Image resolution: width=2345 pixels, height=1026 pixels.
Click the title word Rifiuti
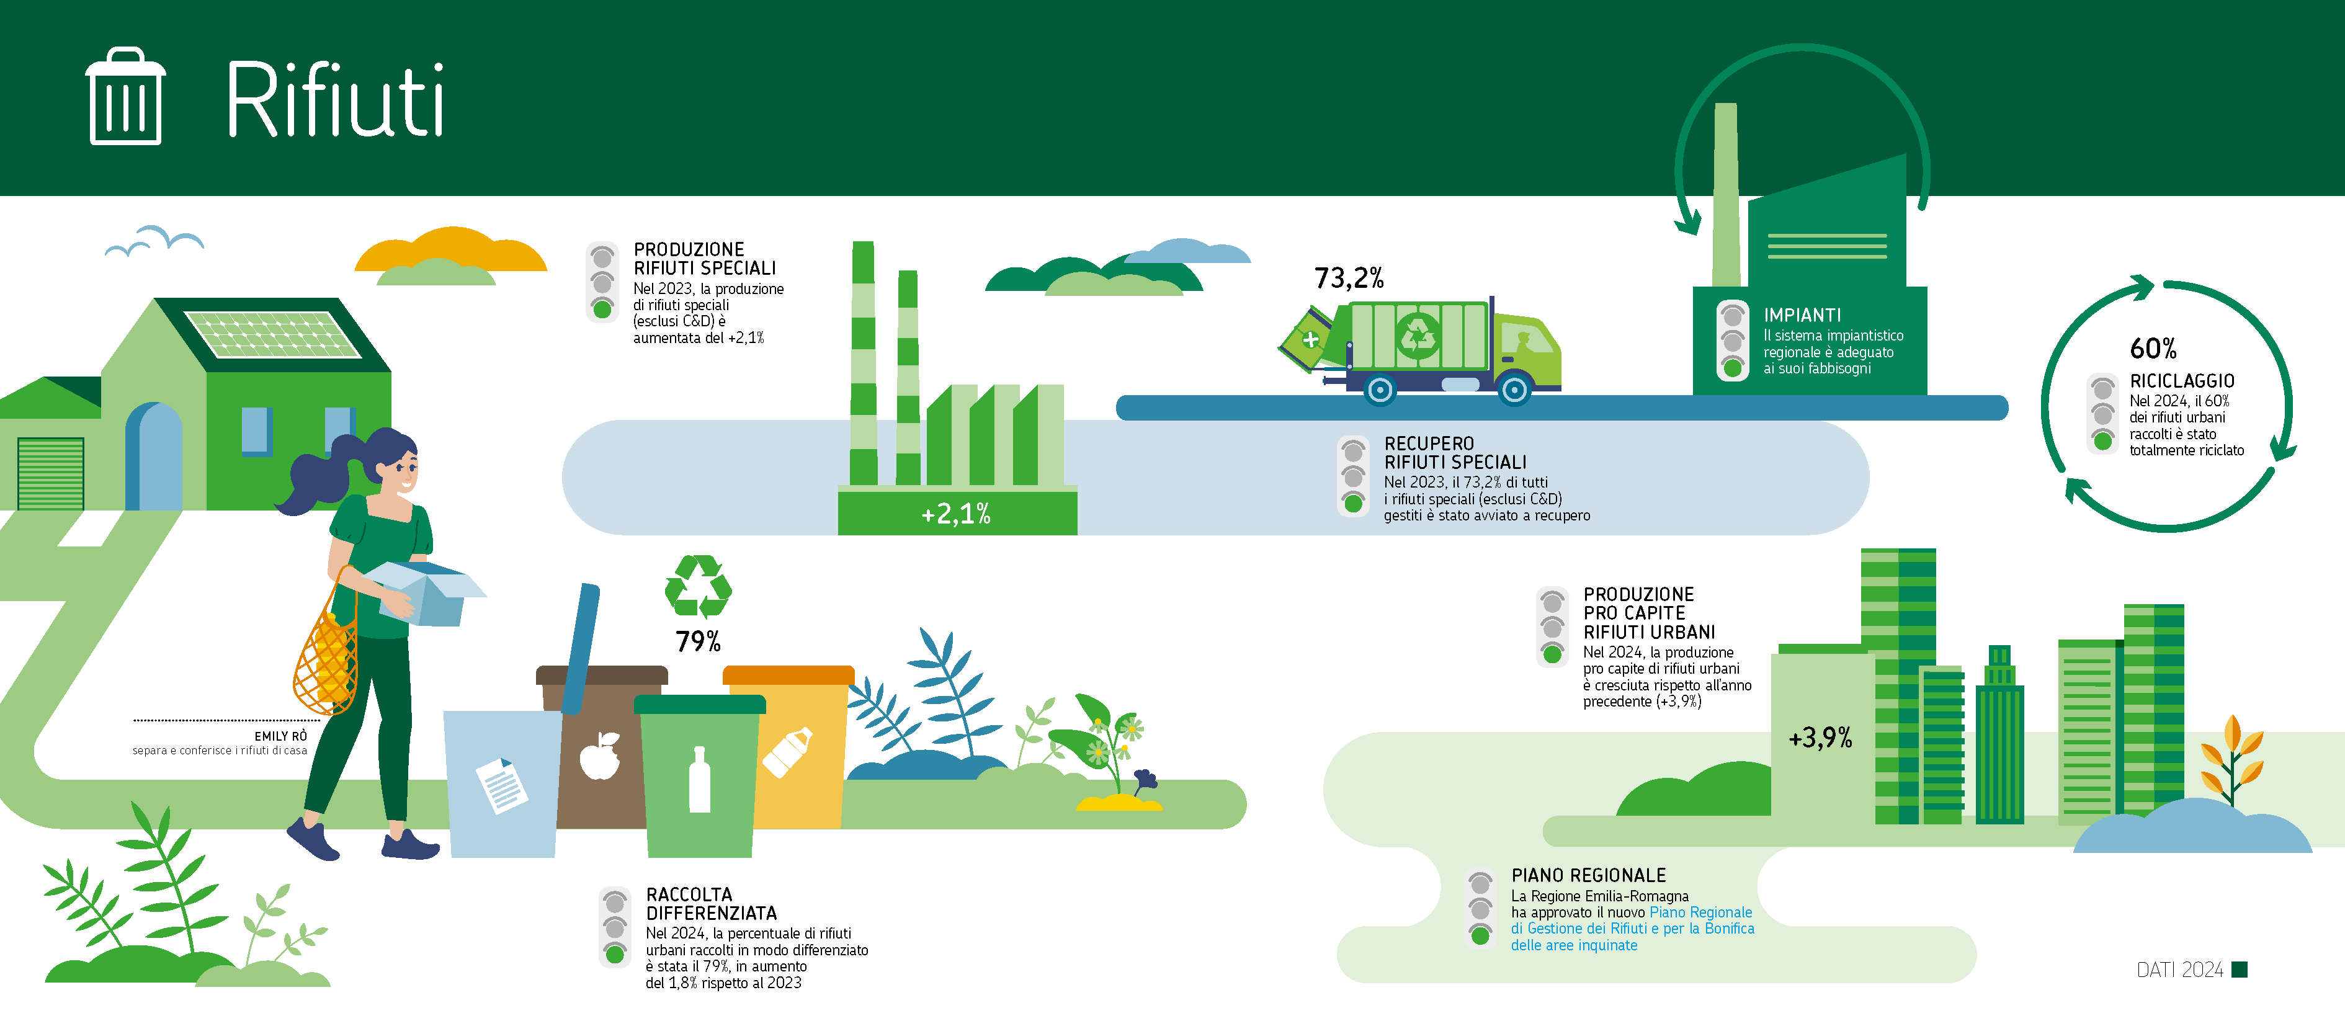[x=335, y=99]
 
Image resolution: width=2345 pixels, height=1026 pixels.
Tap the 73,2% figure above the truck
[x=1348, y=278]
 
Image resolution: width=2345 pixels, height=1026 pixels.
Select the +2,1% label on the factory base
[x=956, y=514]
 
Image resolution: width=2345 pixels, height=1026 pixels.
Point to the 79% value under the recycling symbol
[x=698, y=642]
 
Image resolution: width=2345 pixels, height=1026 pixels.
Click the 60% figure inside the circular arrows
[x=2153, y=349]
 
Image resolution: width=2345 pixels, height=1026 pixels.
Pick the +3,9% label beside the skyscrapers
[x=1820, y=738]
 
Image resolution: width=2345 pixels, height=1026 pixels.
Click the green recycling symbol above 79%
[x=698, y=587]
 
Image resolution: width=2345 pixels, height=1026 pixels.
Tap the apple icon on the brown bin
[x=600, y=756]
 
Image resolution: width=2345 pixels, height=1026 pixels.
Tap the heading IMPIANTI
[x=1802, y=315]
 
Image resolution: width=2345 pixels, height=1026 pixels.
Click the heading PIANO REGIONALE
[x=1589, y=876]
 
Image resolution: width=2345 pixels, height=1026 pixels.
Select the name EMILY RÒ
[x=280, y=736]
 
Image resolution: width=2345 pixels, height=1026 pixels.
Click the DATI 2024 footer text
[x=2179, y=970]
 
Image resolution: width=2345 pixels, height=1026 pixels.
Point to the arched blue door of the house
[x=154, y=455]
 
